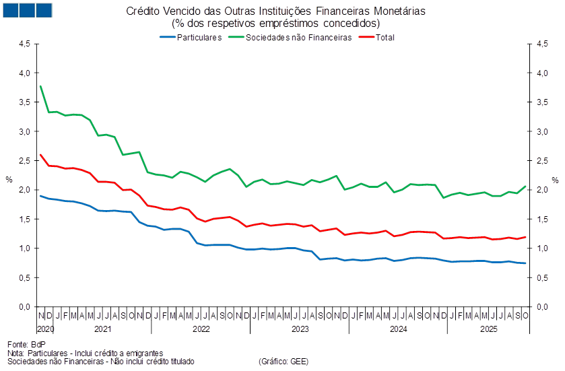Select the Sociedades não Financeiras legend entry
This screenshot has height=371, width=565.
coord(298,38)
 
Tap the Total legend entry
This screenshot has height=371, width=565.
coord(385,38)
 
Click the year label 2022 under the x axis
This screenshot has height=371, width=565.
coord(201,329)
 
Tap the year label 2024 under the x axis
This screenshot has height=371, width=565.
coord(399,329)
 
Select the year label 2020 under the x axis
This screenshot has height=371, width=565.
coord(46,329)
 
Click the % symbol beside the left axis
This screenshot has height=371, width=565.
coord(9,180)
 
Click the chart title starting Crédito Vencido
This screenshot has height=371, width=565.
coord(276,11)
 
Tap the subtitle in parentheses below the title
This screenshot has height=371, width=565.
coord(276,23)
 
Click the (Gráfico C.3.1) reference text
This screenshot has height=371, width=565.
coord(284,362)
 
